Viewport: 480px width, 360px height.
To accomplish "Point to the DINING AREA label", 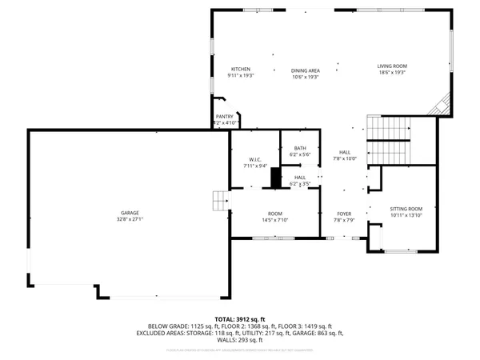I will click(305, 71).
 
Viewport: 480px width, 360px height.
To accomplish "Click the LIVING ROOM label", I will click(393, 66).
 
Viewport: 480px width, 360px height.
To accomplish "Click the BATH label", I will click(300, 147).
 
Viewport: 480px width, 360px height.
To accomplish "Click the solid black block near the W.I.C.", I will click(276, 178).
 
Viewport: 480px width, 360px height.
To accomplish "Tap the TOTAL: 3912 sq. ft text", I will click(239, 318).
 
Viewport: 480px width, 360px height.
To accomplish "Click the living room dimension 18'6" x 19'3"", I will click(393, 72).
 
